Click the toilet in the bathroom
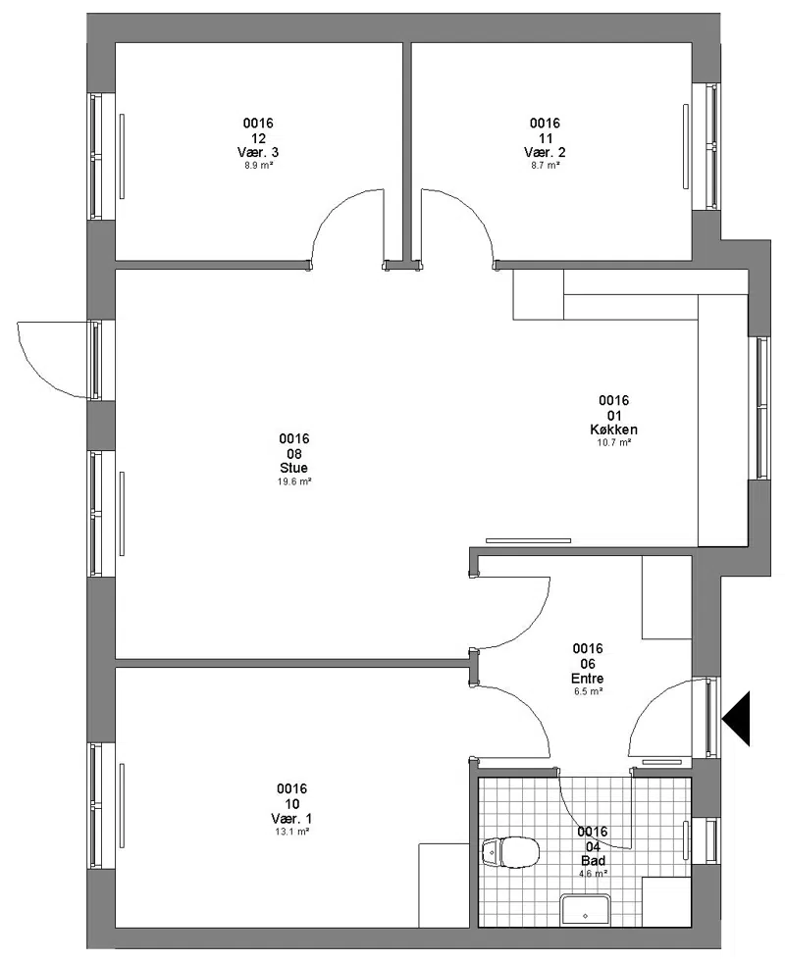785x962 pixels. point(510,851)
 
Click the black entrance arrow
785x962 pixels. point(736,719)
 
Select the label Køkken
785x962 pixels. point(613,430)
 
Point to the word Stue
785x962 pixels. point(293,468)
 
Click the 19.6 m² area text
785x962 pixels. point(294,481)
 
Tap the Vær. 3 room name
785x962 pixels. point(258,152)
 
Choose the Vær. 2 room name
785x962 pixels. point(545,152)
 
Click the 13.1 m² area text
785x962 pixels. point(291,832)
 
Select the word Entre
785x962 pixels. point(588,679)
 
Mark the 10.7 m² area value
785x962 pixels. point(614,442)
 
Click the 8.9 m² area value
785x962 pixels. point(258,165)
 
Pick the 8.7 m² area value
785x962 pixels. point(545,165)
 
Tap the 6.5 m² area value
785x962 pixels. point(588,691)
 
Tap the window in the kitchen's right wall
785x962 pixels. point(761,408)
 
